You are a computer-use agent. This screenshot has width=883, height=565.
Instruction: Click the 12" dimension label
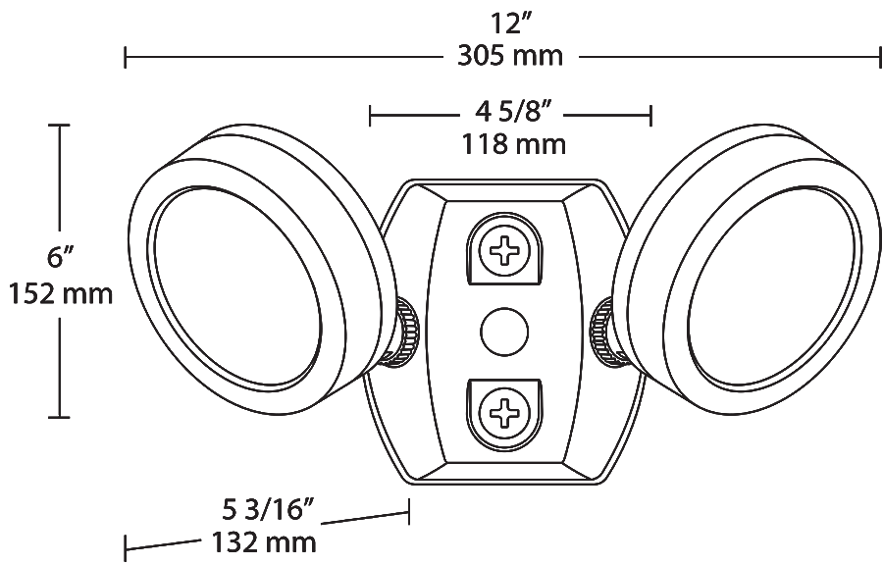point(511,25)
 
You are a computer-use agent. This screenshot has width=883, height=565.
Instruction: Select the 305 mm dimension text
point(510,56)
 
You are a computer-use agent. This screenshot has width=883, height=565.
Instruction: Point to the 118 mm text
point(513,144)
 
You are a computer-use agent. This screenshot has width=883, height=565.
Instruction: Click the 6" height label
point(61,258)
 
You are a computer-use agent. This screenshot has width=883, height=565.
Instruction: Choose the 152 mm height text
point(61,293)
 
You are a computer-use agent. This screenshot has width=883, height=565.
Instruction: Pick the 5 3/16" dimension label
point(267,511)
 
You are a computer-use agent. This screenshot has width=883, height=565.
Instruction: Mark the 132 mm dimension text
point(263,542)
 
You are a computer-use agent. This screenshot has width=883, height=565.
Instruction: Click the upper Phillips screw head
point(505,250)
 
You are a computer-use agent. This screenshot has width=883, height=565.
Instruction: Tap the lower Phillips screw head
point(505,413)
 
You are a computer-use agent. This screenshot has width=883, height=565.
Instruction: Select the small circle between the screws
point(504,332)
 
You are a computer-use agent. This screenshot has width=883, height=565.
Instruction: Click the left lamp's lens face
point(236,287)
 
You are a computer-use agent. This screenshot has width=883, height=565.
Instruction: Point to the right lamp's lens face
point(772,287)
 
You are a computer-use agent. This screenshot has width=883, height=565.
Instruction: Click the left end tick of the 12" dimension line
point(125,58)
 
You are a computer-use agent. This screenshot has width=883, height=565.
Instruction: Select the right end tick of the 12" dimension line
point(880,58)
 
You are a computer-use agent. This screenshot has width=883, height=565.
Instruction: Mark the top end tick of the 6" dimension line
point(59,125)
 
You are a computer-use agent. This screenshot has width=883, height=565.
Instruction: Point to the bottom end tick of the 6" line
point(59,417)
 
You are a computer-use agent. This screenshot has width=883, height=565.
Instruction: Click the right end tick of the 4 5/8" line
point(651,116)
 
